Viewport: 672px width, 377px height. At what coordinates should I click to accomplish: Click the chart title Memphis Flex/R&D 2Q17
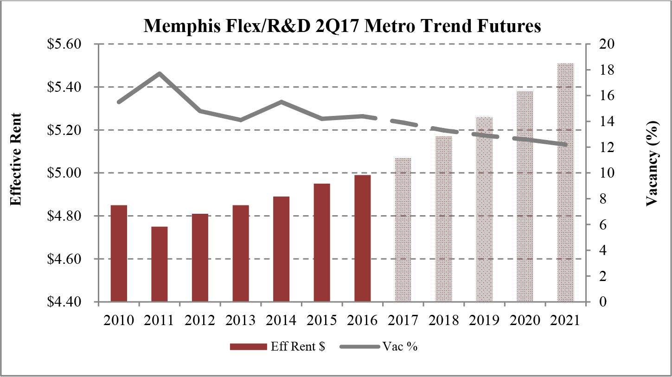[x=342, y=26]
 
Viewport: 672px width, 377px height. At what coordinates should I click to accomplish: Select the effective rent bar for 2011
[x=159, y=264]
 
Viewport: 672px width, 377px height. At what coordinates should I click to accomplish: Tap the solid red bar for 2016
[x=362, y=238]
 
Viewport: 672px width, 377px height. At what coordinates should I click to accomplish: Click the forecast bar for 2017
[x=403, y=230]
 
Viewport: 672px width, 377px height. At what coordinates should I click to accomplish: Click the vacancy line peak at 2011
[x=160, y=73]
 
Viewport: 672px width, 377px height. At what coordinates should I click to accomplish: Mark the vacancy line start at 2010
[x=119, y=102]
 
